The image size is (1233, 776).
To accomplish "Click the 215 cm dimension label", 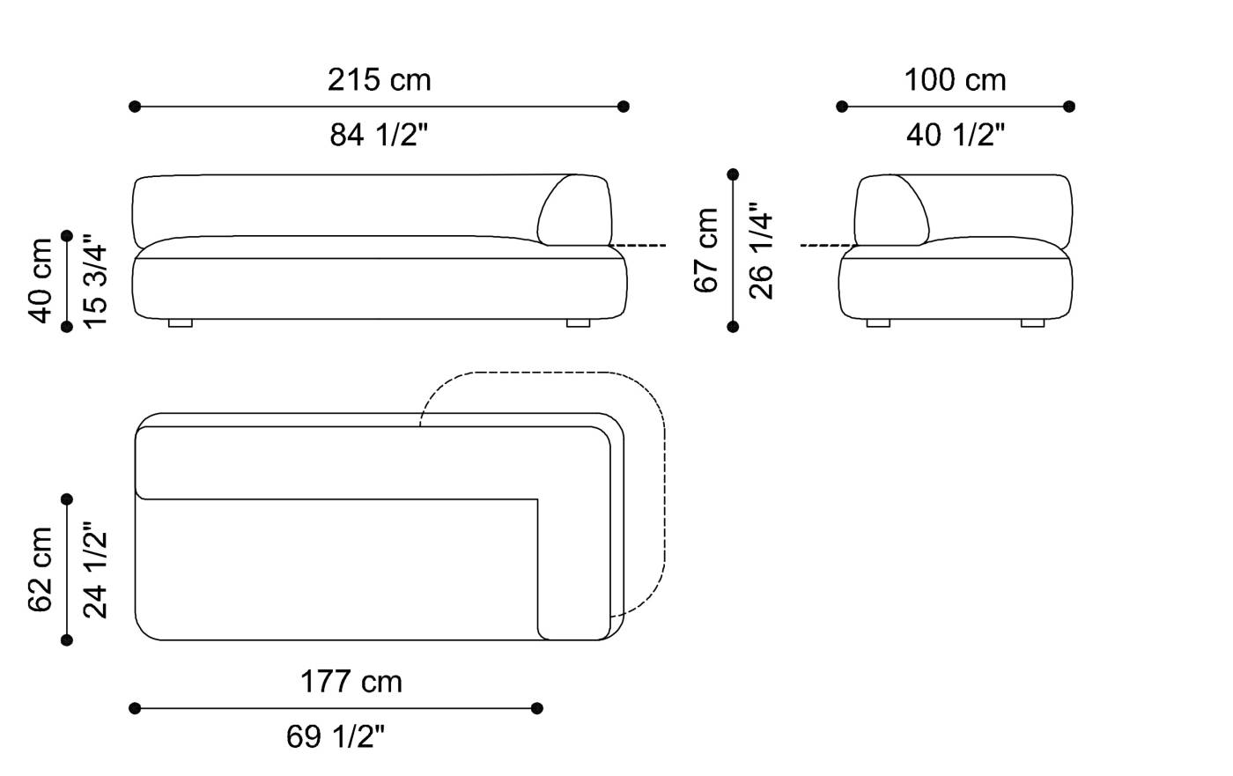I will pos(380,80).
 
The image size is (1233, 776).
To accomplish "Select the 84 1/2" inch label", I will pos(380,135).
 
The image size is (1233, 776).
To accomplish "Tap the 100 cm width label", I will pos(955,80).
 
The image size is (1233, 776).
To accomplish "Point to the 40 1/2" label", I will pos(955,135).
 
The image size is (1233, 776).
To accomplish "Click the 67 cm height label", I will pos(706,250).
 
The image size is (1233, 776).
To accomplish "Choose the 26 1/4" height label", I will pos(760,250).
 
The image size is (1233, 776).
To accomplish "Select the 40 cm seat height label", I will pos(41,281).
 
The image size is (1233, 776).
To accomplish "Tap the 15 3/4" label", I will pos(95,281).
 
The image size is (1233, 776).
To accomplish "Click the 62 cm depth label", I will pos(41,569).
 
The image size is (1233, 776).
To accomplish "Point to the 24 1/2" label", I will pos(95,569).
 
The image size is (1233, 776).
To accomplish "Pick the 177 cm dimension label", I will pos(351,682).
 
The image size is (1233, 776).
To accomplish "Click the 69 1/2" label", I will pos(336,736).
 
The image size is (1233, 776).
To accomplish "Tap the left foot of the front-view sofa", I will pos(180,323).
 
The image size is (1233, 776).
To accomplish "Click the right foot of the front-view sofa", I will pos(578,323).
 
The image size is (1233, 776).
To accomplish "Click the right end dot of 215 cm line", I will pos(624,107).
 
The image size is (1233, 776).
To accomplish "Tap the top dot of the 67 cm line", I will pos(733,174).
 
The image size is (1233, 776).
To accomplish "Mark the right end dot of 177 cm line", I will pos(537,708).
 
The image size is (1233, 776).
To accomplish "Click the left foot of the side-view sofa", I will pos(878,323).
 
